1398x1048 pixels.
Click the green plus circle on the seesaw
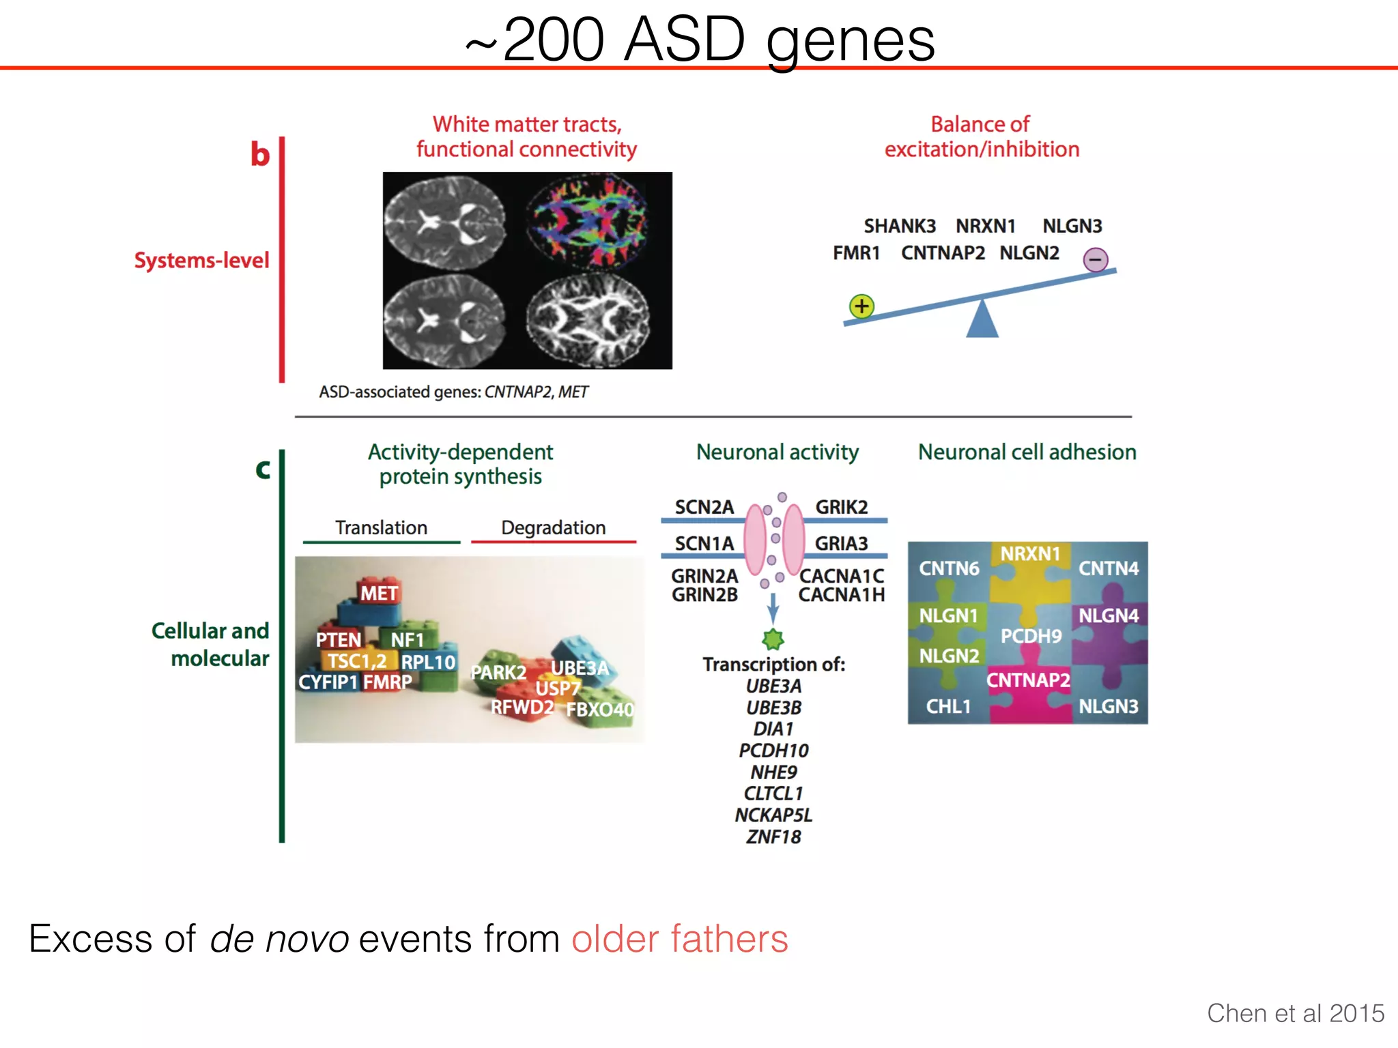pos(861,306)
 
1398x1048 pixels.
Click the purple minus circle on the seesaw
pos(1096,259)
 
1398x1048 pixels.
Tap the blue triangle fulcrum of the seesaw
pos(982,320)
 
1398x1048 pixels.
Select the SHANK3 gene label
pos(899,226)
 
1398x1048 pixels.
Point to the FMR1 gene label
pos(856,253)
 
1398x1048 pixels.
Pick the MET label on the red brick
pos(379,594)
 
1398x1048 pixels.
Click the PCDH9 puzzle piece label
pos(1031,637)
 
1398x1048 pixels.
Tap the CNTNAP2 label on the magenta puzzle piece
pos(1027,680)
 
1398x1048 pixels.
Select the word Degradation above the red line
pos(553,527)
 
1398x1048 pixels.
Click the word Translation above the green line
pos(381,527)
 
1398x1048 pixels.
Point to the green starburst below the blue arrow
pos(773,639)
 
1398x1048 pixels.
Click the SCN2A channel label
pos(704,508)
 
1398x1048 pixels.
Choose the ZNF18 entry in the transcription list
pos(773,836)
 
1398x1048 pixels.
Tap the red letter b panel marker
pos(259,154)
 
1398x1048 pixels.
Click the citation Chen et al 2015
pos(1295,1013)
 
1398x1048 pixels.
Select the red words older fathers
pos(679,939)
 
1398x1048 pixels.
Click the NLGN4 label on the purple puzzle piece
pos(1108,616)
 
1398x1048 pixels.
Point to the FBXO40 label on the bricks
pos(599,710)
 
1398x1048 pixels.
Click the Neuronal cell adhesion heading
pos(1027,452)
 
